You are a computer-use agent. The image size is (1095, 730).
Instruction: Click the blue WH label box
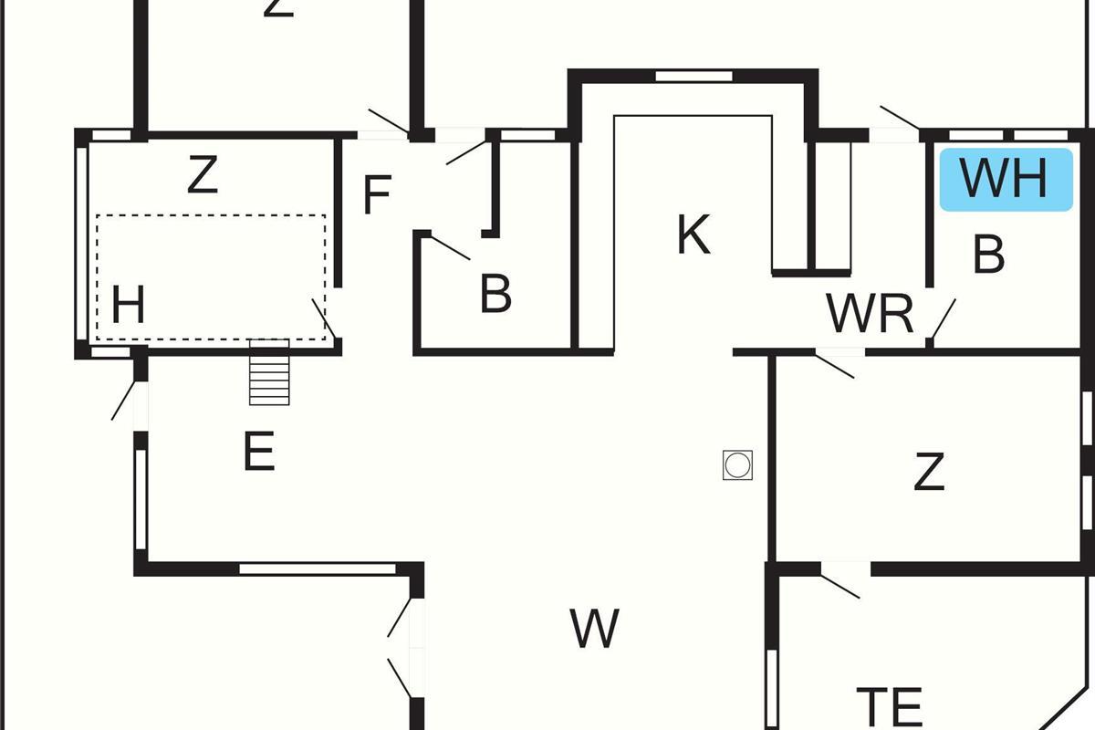tap(1005, 180)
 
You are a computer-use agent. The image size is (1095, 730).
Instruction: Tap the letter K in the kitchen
tap(693, 235)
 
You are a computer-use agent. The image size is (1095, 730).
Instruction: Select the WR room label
tap(870, 314)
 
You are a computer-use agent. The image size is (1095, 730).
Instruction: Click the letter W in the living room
tap(595, 628)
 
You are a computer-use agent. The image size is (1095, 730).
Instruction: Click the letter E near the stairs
tap(259, 452)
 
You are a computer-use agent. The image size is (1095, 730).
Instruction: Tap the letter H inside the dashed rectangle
tap(129, 305)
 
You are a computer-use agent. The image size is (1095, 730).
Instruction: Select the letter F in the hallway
tap(377, 194)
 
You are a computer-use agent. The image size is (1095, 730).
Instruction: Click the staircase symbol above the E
tap(269, 371)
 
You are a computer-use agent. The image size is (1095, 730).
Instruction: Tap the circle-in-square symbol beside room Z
tap(737, 465)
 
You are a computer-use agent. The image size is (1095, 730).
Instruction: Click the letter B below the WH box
tap(989, 255)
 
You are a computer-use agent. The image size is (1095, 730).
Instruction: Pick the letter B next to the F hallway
tap(495, 294)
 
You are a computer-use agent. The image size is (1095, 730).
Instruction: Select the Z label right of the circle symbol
tap(928, 473)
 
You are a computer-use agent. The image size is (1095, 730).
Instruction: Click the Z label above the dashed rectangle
tap(203, 175)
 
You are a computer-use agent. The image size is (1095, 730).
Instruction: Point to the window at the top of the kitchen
tap(693, 76)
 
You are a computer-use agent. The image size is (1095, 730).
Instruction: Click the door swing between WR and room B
tap(943, 319)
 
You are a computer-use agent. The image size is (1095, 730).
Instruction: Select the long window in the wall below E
tap(318, 568)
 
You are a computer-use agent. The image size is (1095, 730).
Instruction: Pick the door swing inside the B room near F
tap(449, 247)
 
